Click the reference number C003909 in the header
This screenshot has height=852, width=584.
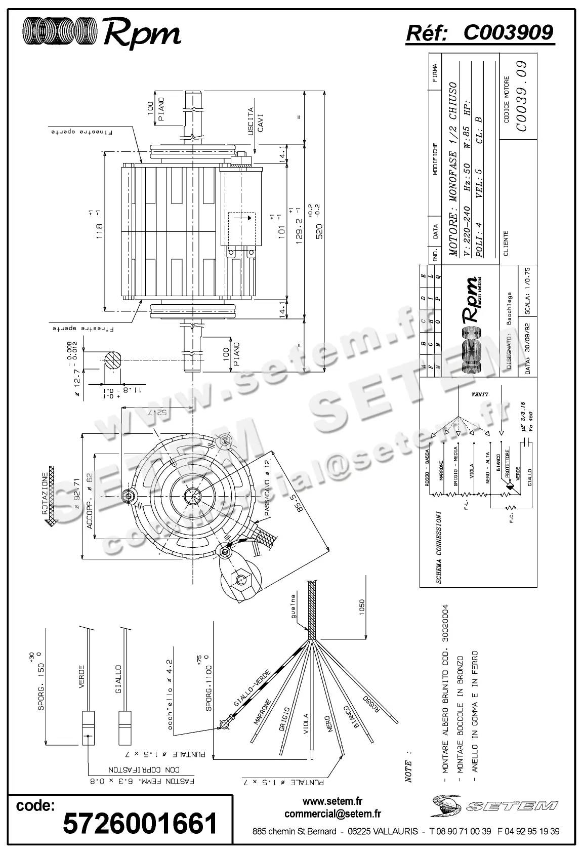[x=508, y=33]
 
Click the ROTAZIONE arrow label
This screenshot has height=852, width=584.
[x=46, y=494]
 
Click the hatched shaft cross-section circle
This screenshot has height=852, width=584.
[x=114, y=360]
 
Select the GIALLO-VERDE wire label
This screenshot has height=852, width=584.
[x=253, y=688]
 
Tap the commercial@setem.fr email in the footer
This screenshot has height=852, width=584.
[x=332, y=814]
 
